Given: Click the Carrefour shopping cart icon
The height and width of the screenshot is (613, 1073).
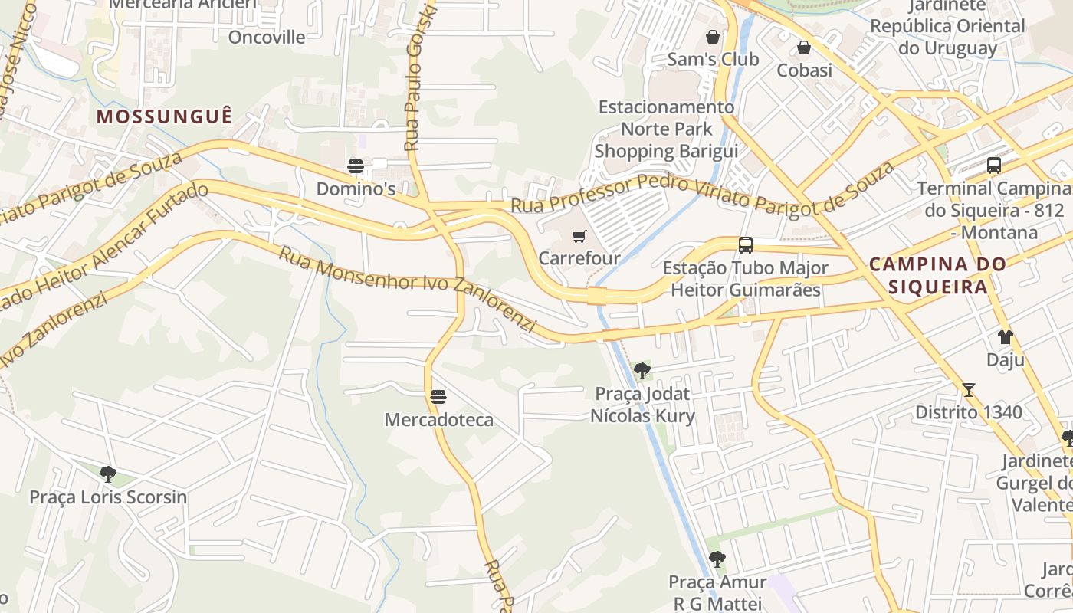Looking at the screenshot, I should click(x=579, y=237).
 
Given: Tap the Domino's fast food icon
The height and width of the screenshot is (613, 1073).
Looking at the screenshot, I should click(x=355, y=166).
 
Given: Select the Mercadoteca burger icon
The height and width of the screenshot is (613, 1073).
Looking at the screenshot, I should click(x=438, y=397).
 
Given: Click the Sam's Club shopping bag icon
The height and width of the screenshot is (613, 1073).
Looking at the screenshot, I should click(x=713, y=37).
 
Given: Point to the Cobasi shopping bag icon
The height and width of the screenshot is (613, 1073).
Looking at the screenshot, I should click(x=804, y=48).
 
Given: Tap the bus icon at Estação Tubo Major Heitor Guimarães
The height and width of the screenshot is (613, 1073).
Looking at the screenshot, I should click(x=745, y=245).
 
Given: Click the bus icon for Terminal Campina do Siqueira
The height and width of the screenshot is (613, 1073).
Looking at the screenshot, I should click(x=993, y=166).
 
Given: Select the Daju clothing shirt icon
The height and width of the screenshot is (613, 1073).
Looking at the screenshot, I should click(x=1005, y=337).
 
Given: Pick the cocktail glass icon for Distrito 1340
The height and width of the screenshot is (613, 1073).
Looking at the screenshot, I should click(x=969, y=390).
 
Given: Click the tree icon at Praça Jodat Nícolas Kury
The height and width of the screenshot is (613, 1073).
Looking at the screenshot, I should click(x=642, y=372).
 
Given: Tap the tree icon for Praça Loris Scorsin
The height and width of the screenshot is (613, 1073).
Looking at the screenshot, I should click(x=108, y=474).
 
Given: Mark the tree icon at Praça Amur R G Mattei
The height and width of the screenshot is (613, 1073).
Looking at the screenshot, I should click(x=717, y=559).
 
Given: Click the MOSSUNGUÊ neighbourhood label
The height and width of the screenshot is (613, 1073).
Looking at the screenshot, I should click(x=164, y=116).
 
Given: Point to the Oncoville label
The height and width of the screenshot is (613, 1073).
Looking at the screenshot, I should click(x=267, y=37).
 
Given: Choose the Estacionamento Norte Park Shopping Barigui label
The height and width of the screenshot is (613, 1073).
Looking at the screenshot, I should click(x=666, y=129).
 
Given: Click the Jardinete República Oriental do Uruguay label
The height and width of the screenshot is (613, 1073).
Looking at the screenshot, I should click(x=947, y=27).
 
